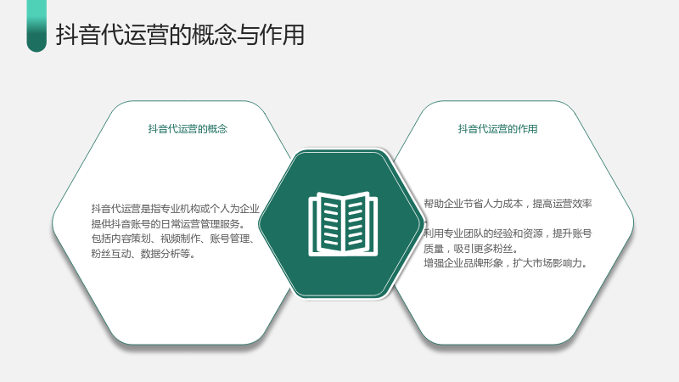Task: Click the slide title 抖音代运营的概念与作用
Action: pos(180,35)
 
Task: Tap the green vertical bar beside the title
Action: pos(36,26)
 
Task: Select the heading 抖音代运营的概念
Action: pos(188,129)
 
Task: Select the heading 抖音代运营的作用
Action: pos(497,129)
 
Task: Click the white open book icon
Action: pos(343,224)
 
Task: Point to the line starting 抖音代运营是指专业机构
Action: pos(176,209)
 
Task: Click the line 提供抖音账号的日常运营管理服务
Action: pos(168,224)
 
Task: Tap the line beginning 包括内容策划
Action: pos(174,239)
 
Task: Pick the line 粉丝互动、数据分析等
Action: pos(143,254)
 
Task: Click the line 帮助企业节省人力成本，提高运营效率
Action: pos(508,204)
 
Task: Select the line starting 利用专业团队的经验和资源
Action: pos(508,233)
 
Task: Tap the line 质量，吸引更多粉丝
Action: pos(471,249)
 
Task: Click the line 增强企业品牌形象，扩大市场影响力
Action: pos(505,263)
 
